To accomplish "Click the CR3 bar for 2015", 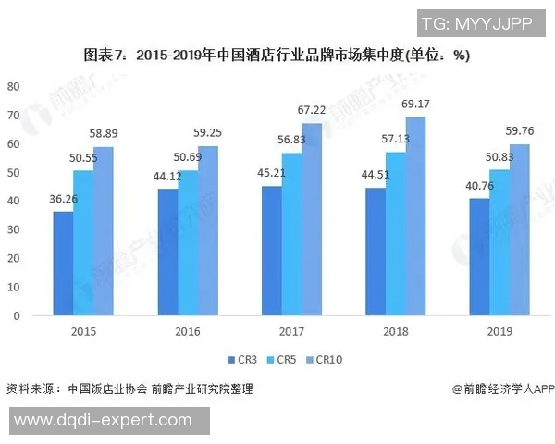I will [63, 264].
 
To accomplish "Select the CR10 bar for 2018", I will [416, 216].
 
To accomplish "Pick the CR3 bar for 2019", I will [480, 257].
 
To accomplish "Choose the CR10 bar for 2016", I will [207, 230].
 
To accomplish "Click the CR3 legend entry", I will [243, 359].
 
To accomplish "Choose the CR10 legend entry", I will [327, 359].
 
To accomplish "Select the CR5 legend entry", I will [283, 359].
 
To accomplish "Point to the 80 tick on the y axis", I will [13, 86].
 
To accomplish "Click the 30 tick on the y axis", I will [13, 229].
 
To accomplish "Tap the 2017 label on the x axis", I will [291, 330].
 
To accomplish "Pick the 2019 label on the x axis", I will [500, 330].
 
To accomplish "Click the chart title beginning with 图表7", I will [277, 55].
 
